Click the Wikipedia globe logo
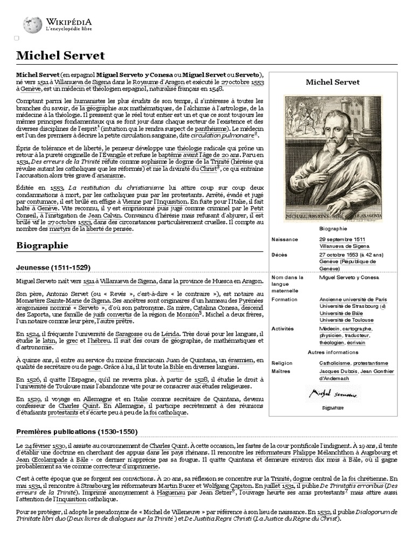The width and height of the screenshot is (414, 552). tap(32, 24)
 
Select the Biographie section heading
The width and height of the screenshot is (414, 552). tap(43, 245)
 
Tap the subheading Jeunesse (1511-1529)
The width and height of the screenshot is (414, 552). tap(53, 267)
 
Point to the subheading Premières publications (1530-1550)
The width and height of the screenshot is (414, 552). tap(77, 432)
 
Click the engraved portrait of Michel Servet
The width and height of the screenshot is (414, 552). tap(333, 158)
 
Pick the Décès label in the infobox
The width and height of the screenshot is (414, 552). tap(280, 254)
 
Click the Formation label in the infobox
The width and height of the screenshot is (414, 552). tap(285, 299)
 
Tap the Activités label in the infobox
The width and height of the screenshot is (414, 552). tap(283, 328)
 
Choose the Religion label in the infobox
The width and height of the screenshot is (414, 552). tap(282, 363)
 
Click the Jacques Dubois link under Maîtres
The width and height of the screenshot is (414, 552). tap(337, 371)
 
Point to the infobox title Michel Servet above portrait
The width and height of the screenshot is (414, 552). tap(333, 82)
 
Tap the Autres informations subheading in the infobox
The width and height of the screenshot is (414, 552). tap(333, 352)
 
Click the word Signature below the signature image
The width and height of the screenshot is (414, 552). tap(332, 408)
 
